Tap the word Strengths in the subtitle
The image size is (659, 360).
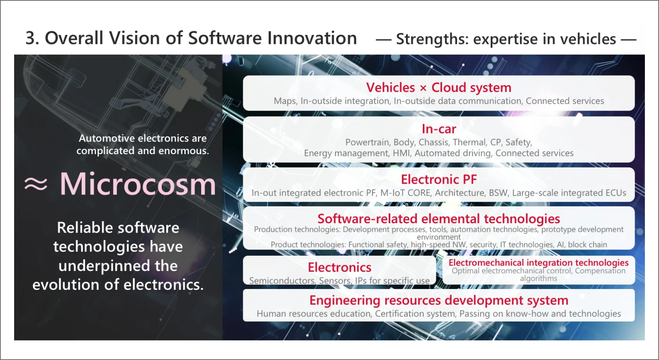(x=432, y=39)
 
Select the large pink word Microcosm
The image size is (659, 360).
(x=138, y=184)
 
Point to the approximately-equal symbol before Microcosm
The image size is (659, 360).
(x=36, y=184)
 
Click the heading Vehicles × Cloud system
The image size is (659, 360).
(x=439, y=87)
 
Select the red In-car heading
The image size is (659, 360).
(x=439, y=129)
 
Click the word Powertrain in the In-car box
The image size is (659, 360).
(x=367, y=142)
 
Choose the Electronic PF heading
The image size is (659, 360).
(x=439, y=180)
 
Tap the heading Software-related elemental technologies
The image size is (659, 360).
(x=439, y=219)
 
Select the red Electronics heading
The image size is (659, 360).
(x=340, y=267)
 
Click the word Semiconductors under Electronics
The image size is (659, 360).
(x=282, y=281)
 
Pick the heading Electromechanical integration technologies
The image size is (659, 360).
(x=538, y=262)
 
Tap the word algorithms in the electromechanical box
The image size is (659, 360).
(x=538, y=278)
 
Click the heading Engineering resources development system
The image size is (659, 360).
(x=439, y=300)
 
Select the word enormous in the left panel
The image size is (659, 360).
(x=184, y=151)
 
